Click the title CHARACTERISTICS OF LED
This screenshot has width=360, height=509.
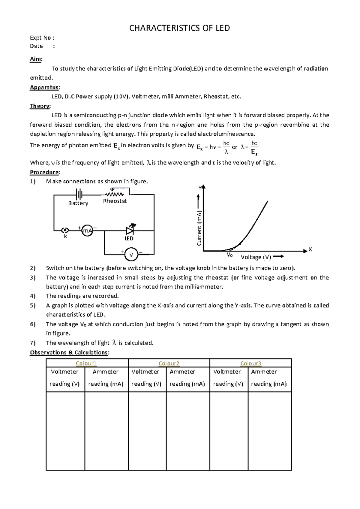coord(179,28)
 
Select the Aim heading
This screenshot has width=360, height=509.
coord(36,59)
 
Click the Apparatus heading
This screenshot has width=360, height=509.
coord(44,87)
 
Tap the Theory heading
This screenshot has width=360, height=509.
coord(40,106)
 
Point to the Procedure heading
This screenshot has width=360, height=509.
coord(44,172)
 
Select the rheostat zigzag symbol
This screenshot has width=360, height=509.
coord(114,194)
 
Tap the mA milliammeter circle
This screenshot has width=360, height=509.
coord(87,230)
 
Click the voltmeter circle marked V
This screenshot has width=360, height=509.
coord(131,255)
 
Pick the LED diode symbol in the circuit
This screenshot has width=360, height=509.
coord(130,230)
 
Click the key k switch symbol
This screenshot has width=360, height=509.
coord(65,230)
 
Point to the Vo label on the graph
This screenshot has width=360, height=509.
coord(229,255)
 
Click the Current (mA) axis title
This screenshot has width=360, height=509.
coord(199,228)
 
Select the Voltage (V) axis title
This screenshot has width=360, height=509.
coord(256,257)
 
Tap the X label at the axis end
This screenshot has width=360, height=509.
coord(310,249)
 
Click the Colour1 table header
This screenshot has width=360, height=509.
coord(86,363)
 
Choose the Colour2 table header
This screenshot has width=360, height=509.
coord(169,363)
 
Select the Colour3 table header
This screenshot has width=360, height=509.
coord(250,363)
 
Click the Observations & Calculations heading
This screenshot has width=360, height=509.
coord(69,352)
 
